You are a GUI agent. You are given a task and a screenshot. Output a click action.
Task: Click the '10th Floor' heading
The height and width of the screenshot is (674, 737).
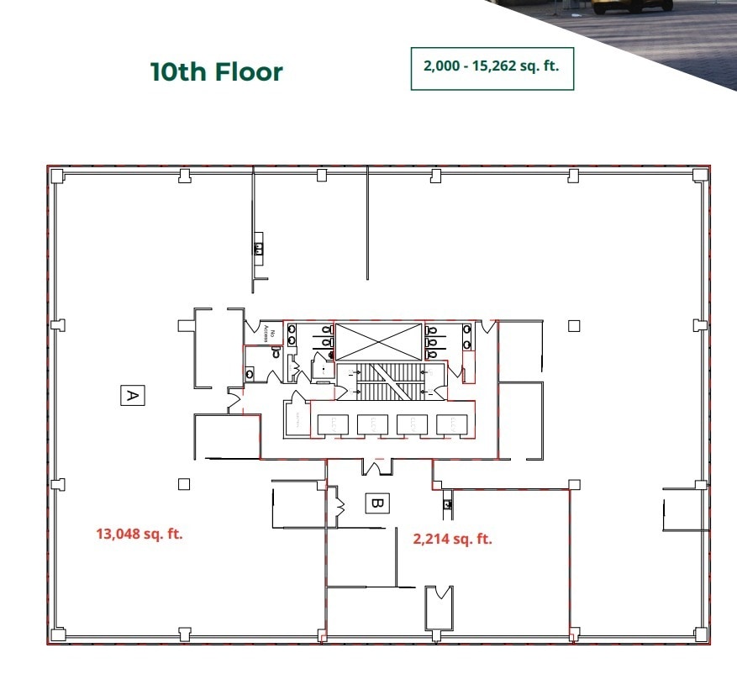click(216, 71)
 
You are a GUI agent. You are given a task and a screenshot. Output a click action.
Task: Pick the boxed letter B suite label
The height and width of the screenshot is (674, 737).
click(376, 503)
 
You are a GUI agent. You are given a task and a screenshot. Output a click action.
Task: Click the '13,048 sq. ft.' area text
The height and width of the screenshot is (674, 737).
click(140, 533)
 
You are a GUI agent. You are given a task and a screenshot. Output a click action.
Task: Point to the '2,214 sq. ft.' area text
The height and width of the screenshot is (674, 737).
click(452, 540)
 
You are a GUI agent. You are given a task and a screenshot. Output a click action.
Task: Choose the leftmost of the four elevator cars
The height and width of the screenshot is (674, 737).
click(329, 424)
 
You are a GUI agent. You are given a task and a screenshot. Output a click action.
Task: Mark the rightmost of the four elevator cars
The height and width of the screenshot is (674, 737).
click(451, 424)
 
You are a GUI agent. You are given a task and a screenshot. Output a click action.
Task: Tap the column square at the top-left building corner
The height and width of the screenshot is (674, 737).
click(56, 176)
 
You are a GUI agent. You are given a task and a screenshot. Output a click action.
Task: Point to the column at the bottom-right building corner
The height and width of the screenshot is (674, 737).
click(699, 635)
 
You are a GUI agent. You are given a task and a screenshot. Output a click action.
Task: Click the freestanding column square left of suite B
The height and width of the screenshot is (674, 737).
click(184, 483)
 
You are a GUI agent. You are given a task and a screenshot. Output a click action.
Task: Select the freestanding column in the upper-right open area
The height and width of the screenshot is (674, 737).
click(574, 326)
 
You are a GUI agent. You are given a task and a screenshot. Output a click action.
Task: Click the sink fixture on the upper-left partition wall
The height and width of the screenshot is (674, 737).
click(259, 248)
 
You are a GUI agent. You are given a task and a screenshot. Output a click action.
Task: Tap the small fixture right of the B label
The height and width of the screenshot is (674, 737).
click(448, 504)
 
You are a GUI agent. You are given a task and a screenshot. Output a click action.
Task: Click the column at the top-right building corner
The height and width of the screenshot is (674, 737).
click(699, 175)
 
